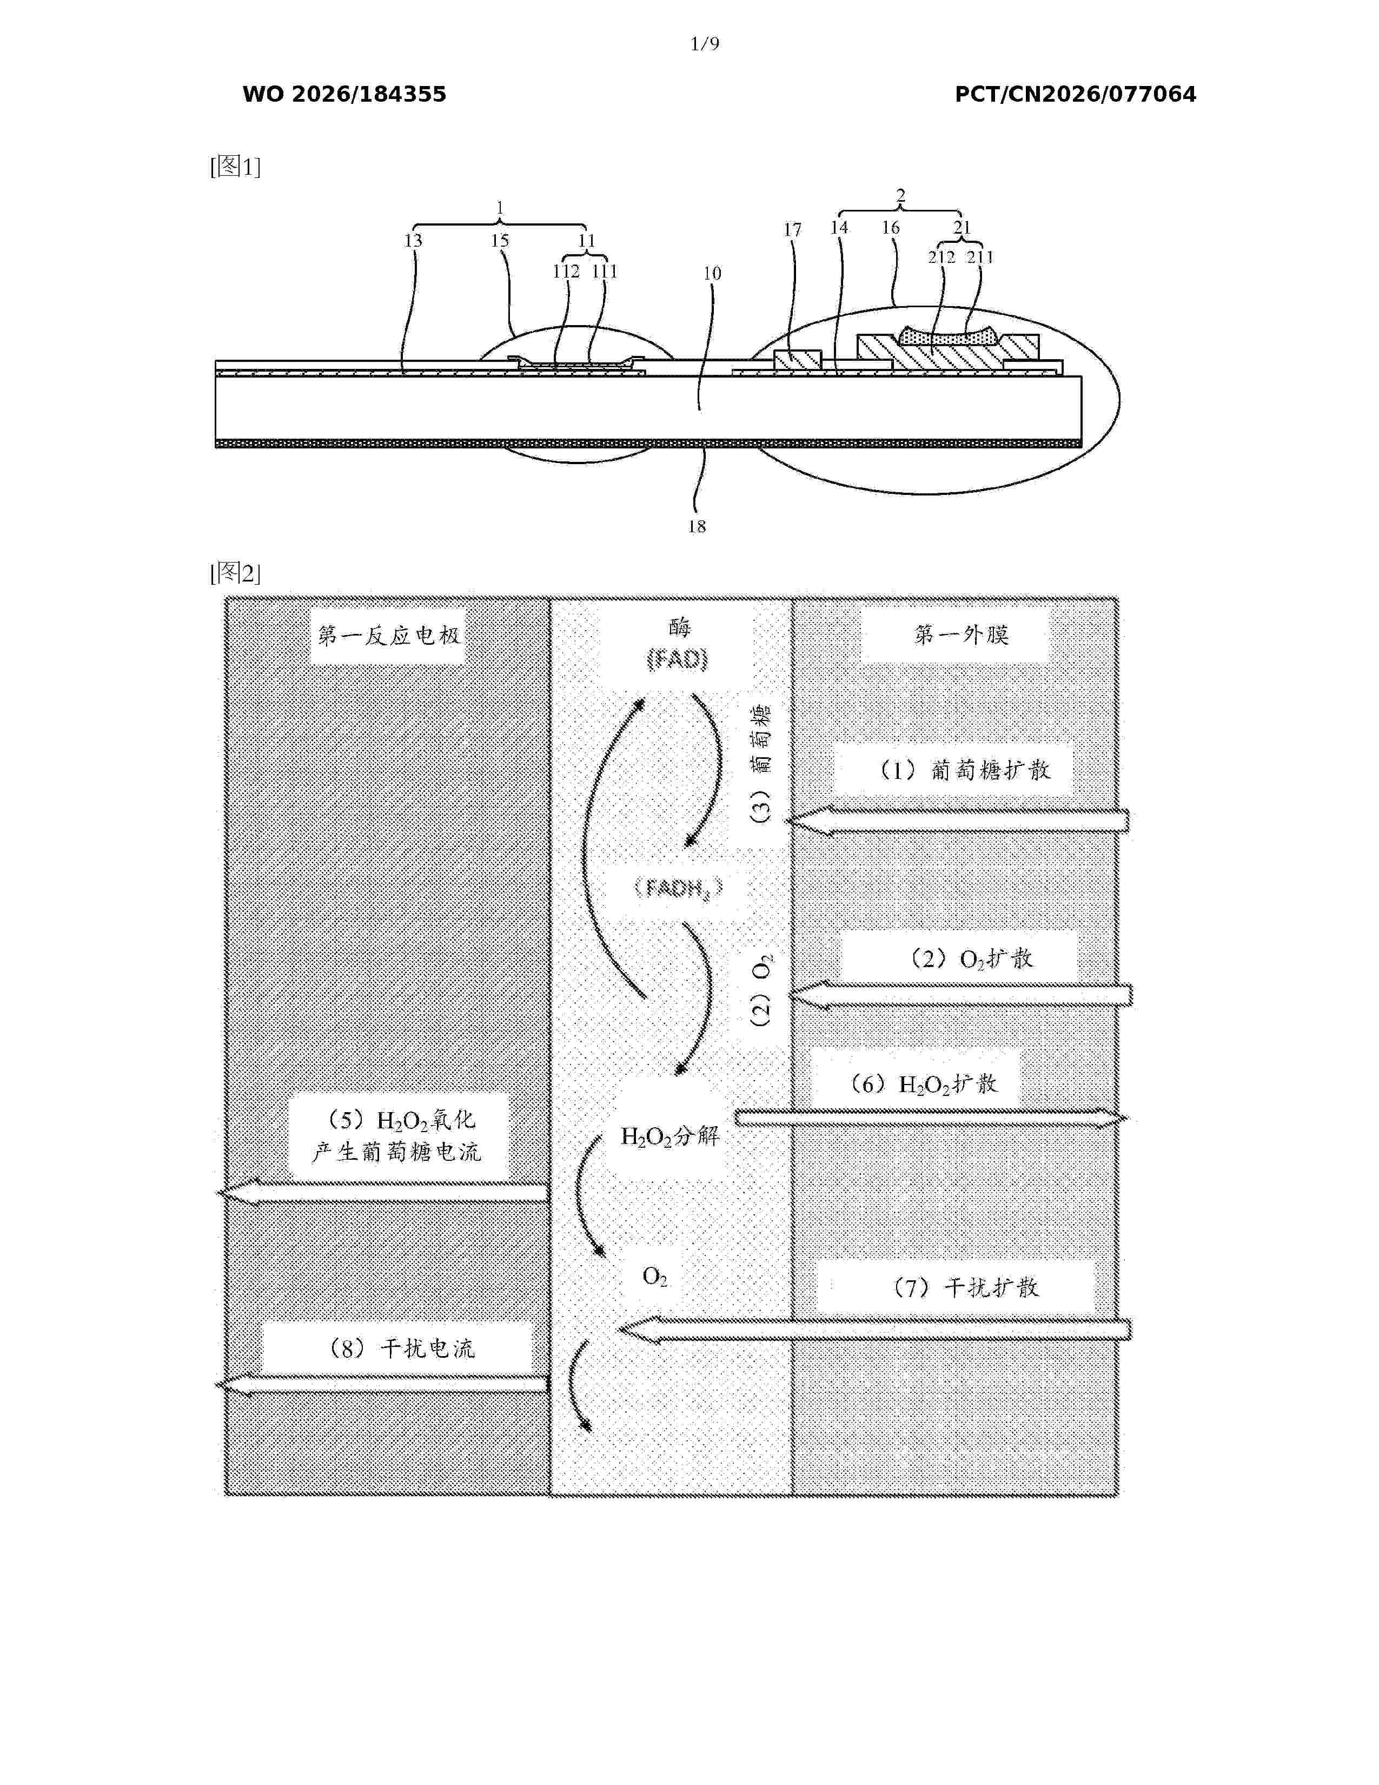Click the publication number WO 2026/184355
(344, 95)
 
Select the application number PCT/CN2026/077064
(1075, 95)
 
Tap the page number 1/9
(705, 44)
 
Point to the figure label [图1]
(235, 167)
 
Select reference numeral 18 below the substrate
(697, 526)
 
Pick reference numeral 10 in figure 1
(712, 274)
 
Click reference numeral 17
(792, 230)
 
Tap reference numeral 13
(413, 241)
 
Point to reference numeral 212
(942, 257)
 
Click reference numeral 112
(566, 272)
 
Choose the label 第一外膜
(962, 634)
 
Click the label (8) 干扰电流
(400, 1348)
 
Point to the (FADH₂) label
(678, 888)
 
